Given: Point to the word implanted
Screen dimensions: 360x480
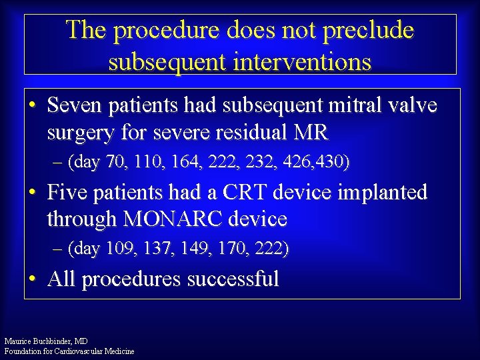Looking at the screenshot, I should click(x=383, y=193).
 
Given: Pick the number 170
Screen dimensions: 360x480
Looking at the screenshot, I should click(x=234, y=249).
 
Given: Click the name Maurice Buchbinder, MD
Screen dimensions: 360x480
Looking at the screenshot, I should click(x=45, y=341).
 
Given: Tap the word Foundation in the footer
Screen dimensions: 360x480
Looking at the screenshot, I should click(x=24, y=351).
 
